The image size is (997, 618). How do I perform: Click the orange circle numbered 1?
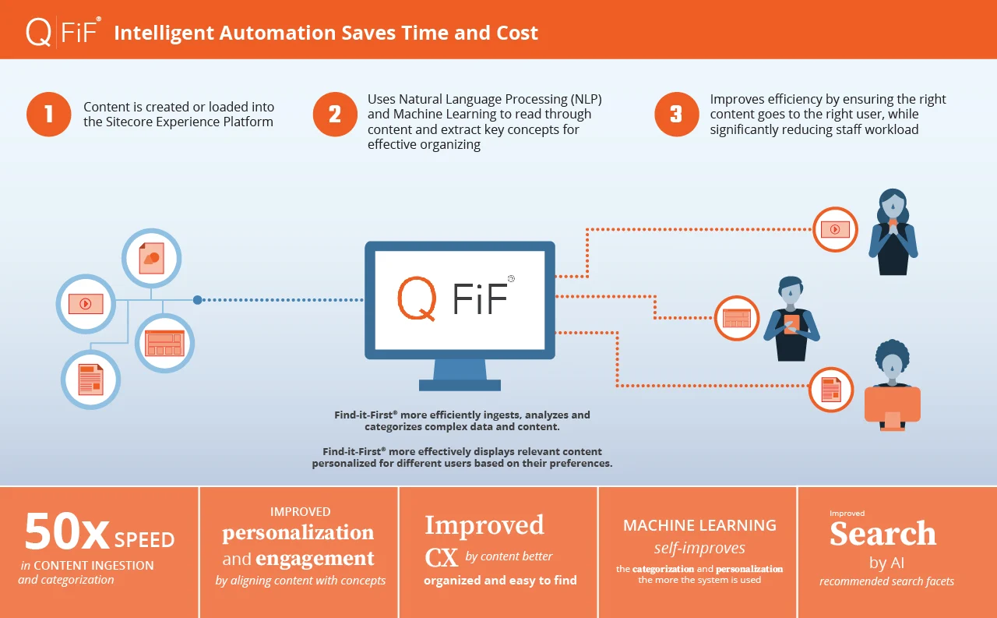(48, 115)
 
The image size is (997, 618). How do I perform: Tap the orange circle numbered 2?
(335, 115)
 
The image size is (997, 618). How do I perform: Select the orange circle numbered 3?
(677, 115)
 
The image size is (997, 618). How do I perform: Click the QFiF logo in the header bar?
(63, 32)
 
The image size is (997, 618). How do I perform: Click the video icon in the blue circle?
(86, 304)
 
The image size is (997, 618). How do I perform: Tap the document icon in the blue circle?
(91, 380)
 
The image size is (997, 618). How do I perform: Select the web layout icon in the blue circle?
(164, 343)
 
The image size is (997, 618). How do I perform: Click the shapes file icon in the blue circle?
(151, 258)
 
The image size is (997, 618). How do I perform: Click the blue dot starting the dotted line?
(198, 300)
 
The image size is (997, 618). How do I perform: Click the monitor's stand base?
(460, 385)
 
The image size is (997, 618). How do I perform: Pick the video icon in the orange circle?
(835, 229)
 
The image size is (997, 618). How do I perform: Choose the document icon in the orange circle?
(831, 390)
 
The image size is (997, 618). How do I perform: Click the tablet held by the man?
(791, 324)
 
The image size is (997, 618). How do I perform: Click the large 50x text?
(67, 531)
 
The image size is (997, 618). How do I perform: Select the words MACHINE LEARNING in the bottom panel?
(699, 525)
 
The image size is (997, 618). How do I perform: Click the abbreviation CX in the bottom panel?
(441, 557)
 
